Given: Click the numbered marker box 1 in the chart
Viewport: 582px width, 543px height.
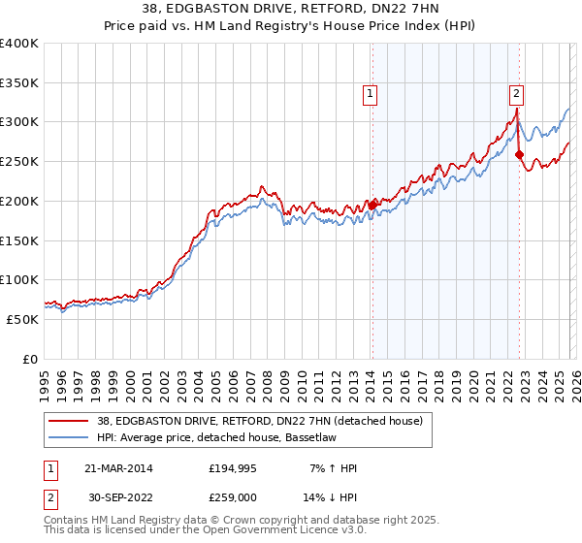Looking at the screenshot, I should coord(372,94).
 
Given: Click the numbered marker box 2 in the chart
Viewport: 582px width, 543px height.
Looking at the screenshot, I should coord(516,94).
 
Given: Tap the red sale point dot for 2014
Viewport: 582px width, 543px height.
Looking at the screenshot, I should coord(372,205).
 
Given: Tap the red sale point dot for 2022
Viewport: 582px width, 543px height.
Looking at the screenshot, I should coord(519,154).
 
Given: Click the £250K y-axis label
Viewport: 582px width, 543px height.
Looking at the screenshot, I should coord(19,162).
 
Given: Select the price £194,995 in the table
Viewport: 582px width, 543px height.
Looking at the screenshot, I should coord(234,468).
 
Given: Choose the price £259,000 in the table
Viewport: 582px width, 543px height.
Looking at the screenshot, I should coord(234,499).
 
